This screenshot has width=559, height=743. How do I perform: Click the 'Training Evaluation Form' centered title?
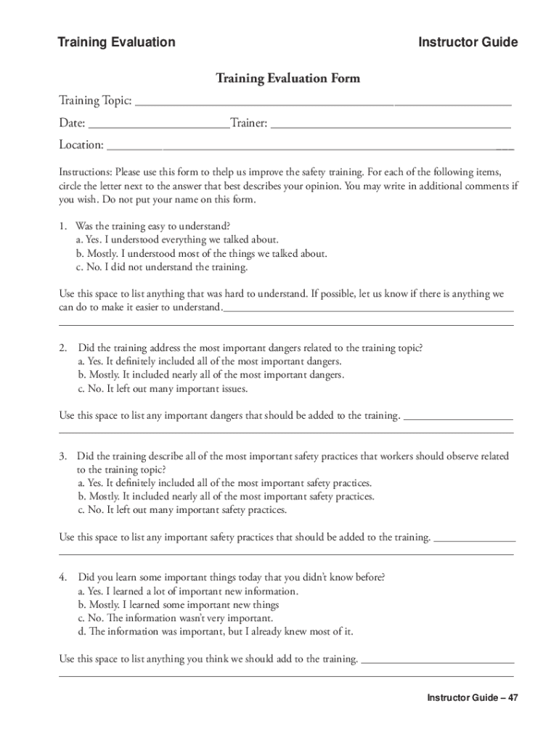[287, 78]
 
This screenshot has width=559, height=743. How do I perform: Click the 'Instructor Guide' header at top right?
[468, 42]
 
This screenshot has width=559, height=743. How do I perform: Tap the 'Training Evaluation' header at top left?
[116, 42]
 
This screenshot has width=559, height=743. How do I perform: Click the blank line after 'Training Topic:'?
[323, 102]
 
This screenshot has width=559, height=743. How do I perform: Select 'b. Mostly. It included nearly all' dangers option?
[211, 375]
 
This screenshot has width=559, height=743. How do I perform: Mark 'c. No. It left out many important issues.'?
[163, 389]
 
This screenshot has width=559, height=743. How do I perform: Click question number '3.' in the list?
[64, 456]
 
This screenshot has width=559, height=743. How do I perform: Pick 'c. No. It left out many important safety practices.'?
[181, 510]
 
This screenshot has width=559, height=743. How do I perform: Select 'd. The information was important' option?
[215, 632]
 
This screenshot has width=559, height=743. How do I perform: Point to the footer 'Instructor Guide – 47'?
[472, 698]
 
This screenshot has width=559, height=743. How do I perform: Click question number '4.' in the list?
[64, 578]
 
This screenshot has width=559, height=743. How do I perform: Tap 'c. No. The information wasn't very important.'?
[174, 618]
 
